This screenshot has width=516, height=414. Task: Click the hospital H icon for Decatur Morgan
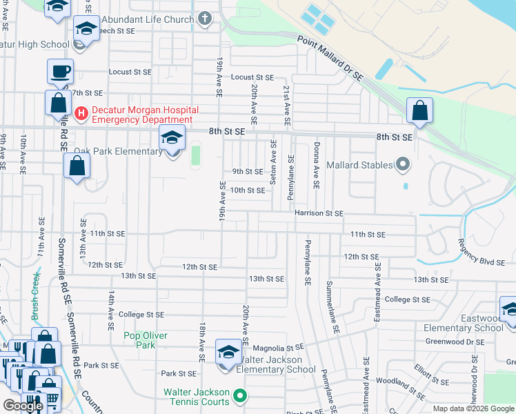(x=81, y=111)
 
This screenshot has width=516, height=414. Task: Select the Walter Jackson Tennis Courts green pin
(x=240, y=395)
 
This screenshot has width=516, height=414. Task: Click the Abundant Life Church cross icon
(x=205, y=19)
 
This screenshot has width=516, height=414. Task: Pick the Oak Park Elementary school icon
(x=172, y=137)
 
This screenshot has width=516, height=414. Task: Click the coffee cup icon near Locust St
(x=61, y=71)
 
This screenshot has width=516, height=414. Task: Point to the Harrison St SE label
(x=319, y=213)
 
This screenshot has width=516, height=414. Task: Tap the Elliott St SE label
(x=431, y=376)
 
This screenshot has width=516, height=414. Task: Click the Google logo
(x=23, y=406)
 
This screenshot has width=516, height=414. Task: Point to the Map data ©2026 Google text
(x=473, y=408)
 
